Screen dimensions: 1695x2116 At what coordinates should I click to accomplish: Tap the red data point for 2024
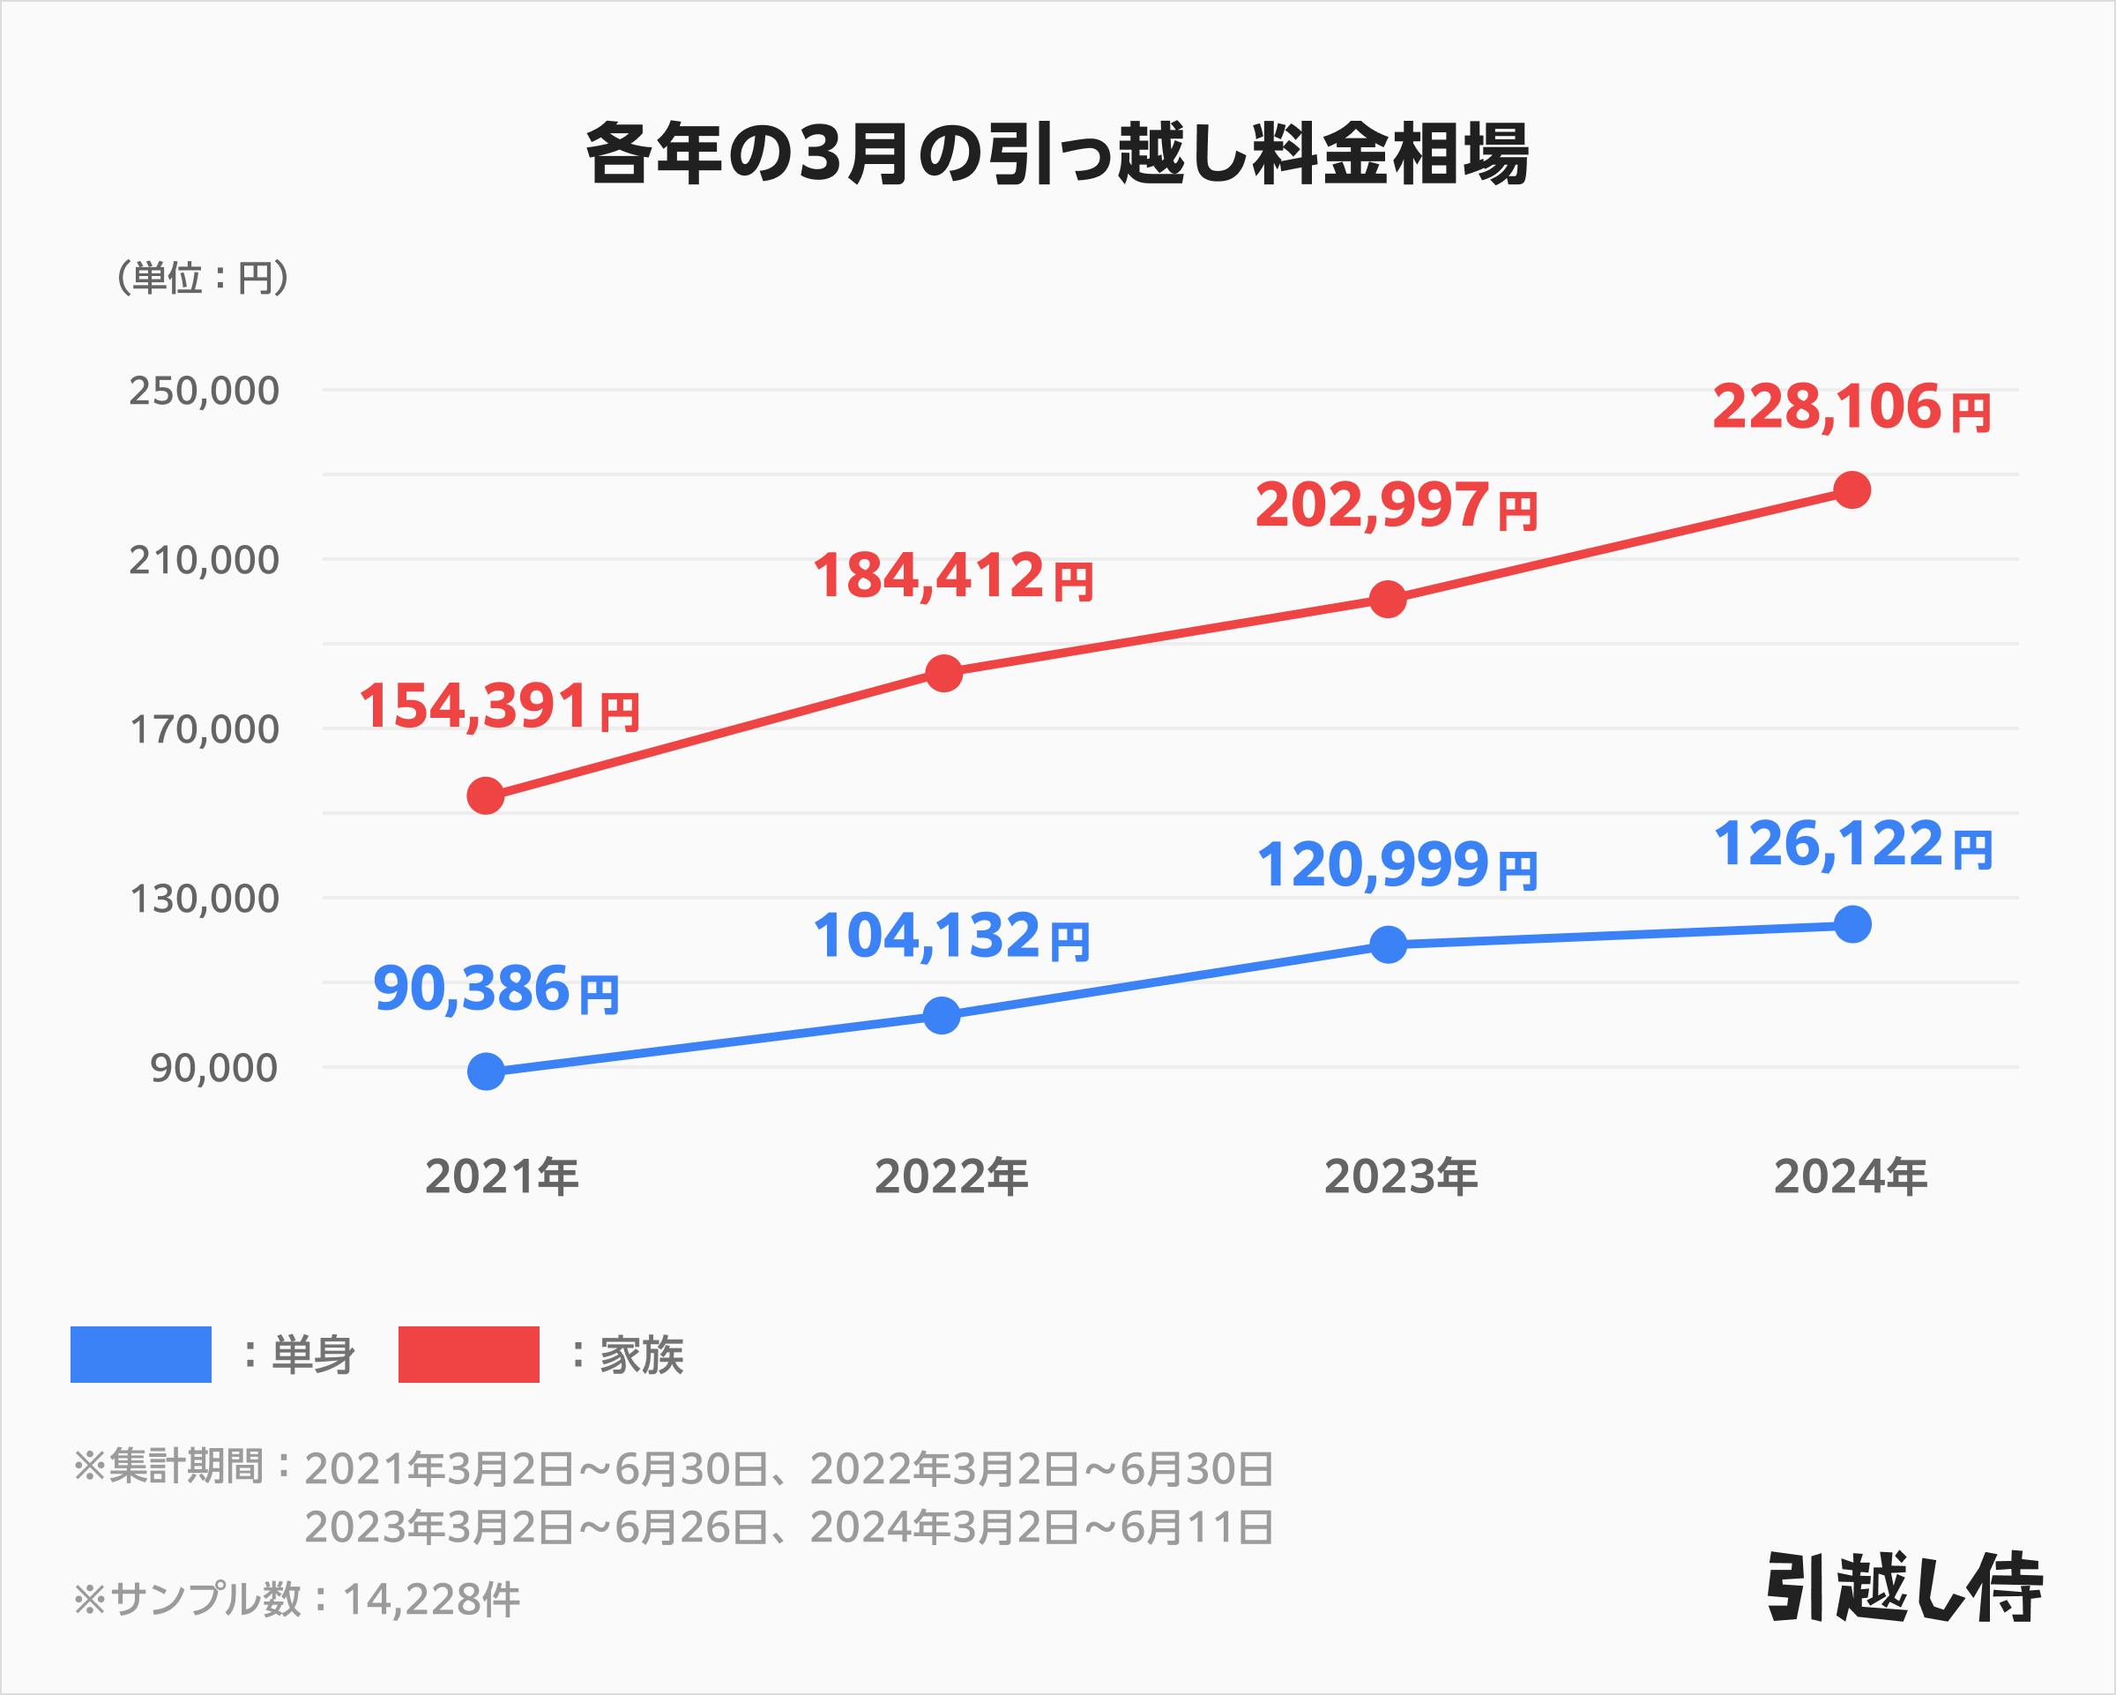pyautogui.click(x=1852, y=489)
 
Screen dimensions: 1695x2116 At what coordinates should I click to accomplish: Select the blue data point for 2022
pyautogui.click(x=942, y=1015)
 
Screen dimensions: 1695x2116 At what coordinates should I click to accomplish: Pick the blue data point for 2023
pyautogui.click(x=1388, y=945)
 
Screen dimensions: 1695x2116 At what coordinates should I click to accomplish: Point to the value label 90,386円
pyautogui.click(x=495, y=989)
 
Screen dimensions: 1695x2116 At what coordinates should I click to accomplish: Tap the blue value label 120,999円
pyautogui.click(x=1397, y=866)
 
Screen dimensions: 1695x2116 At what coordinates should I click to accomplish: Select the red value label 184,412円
pyautogui.click(x=952, y=576)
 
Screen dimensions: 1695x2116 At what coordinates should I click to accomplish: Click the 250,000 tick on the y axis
pyautogui.click(x=205, y=391)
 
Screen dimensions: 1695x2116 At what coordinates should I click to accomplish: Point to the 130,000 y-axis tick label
pyautogui.click(x=205, y=898)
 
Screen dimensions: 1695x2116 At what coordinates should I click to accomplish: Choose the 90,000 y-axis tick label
pyautogui.click(x=214, y=1068)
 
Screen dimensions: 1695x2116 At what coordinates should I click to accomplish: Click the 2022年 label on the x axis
pyautogui.click(x=951, y=1176)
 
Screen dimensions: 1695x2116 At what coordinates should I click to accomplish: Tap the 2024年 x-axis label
pyautogui.click(x=1850, y=1176)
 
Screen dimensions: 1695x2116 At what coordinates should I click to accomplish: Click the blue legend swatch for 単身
pyautogui.click(x=140, y=1355)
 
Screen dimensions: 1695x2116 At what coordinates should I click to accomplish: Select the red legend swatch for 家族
pyautogui.click(x=468, y=1355)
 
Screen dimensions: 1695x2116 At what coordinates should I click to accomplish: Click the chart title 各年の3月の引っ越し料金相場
pyautogui.click(x=1057, y=154)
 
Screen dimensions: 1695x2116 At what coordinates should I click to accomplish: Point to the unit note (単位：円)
pyautogui.click(x=202, y=278)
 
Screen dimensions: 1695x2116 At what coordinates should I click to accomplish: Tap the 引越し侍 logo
pyautogui.click(x=1904, y=1587)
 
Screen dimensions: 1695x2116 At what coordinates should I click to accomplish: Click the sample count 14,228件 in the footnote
pyautogui.click(x=431, y=1600)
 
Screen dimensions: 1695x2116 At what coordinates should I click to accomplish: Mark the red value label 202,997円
pyautogui.click(x=1396, y=506)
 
